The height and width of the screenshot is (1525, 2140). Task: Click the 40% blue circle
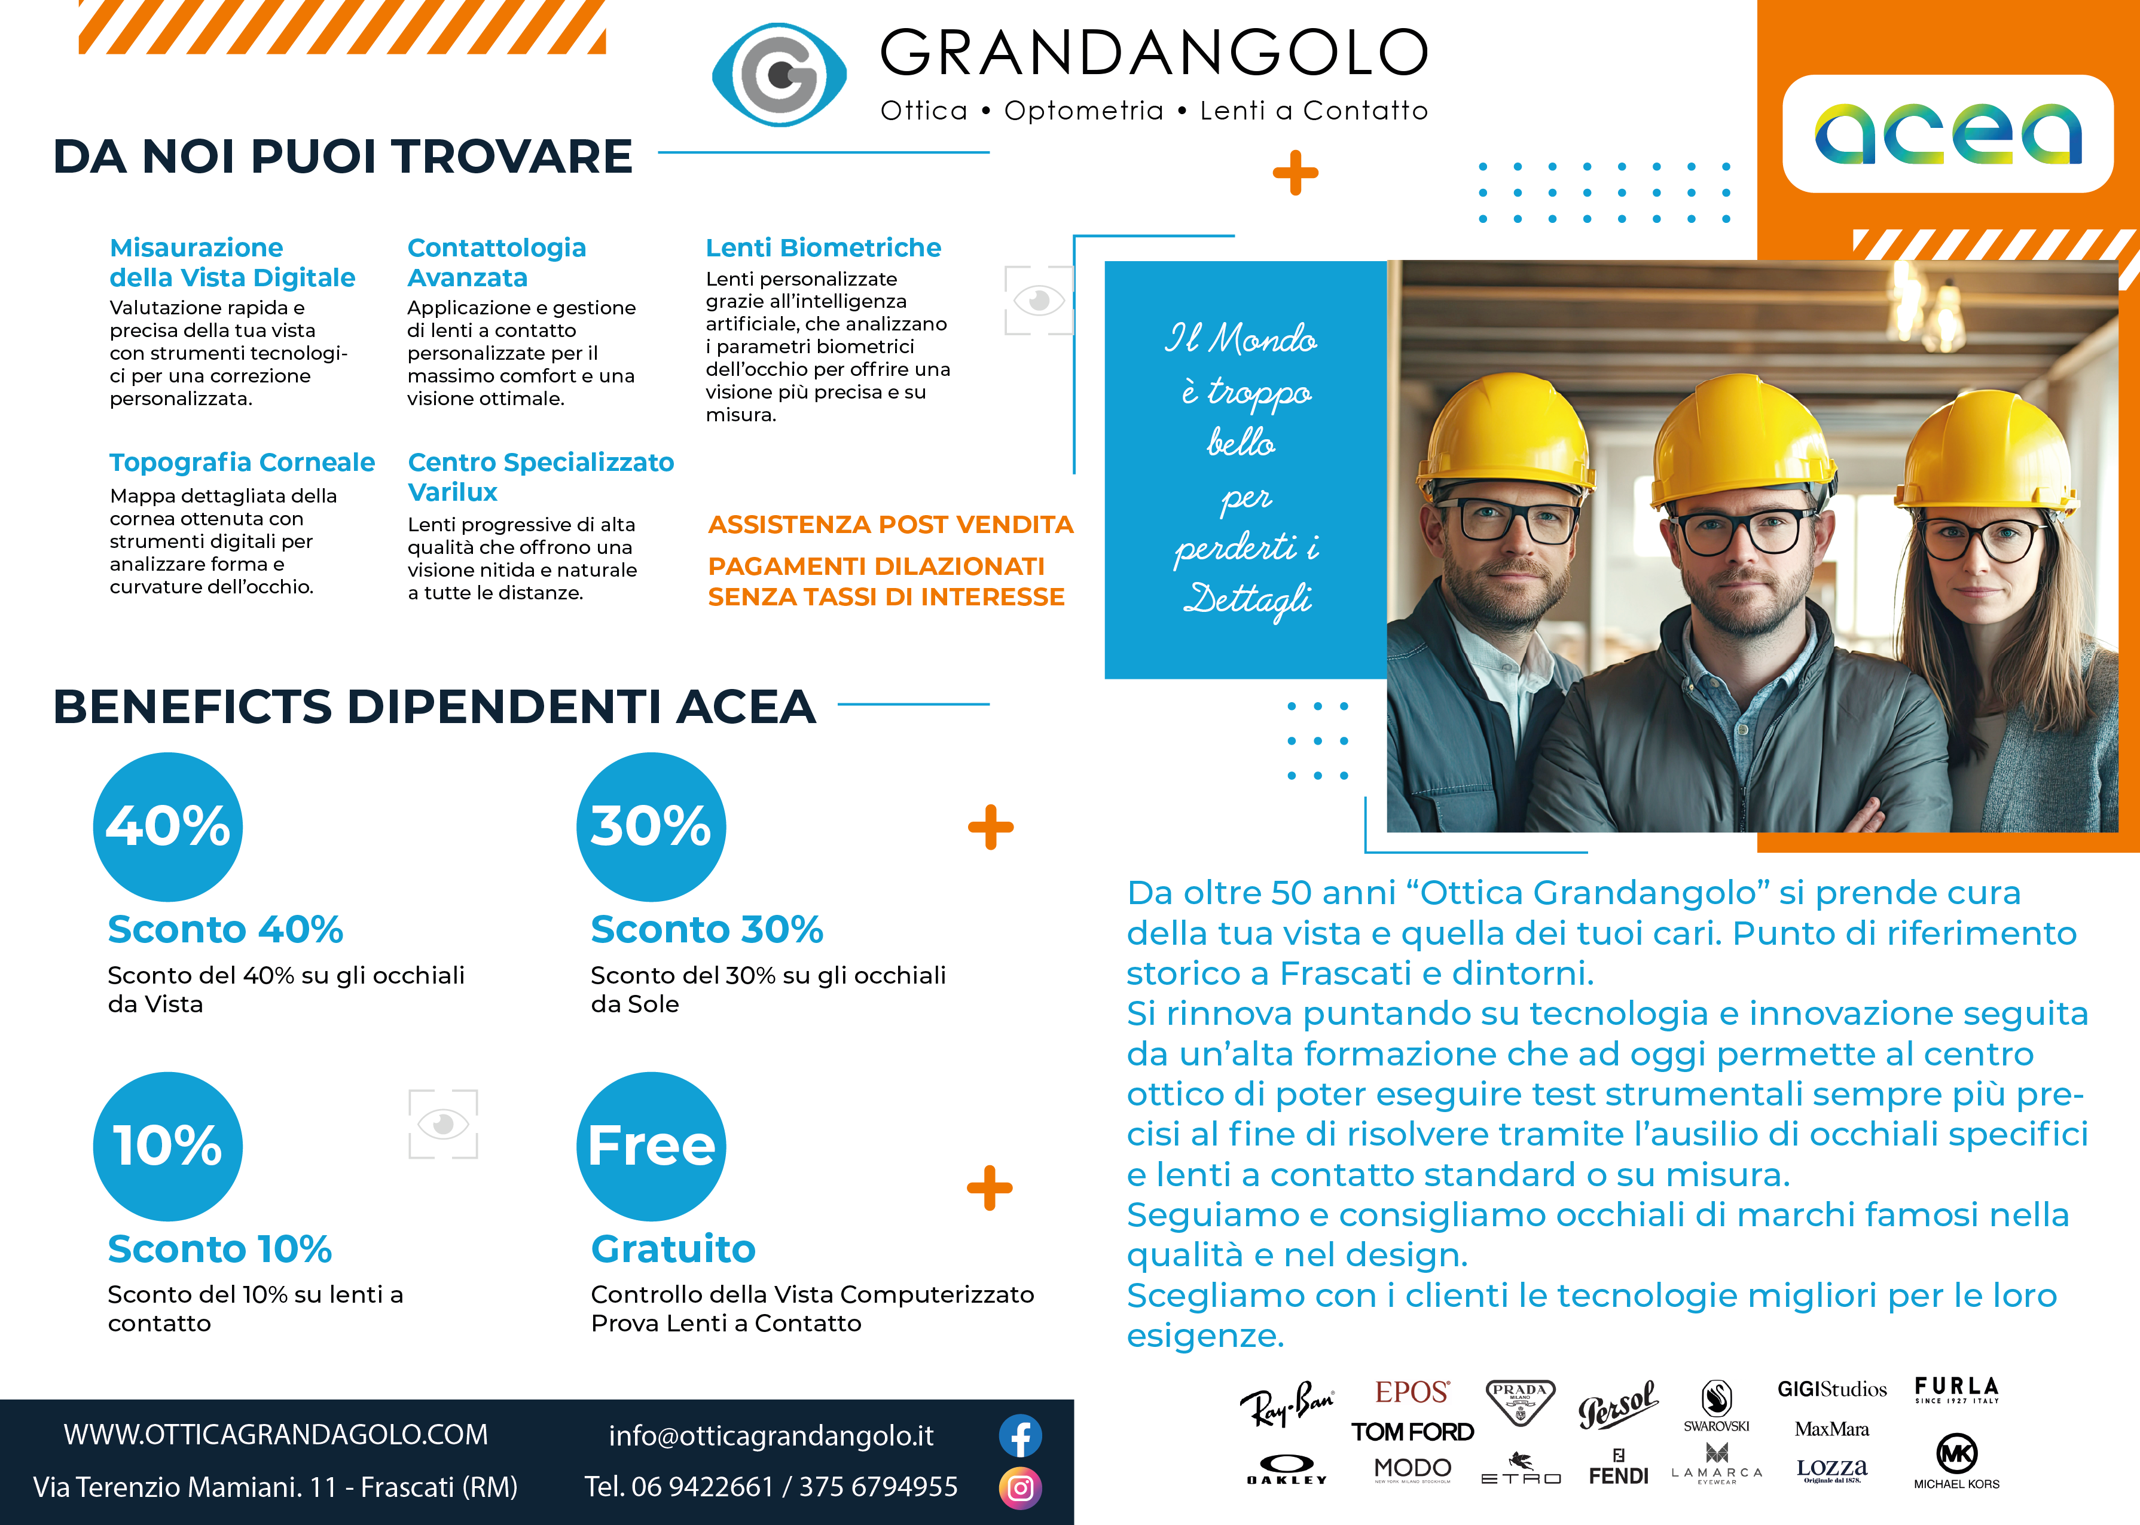click(x=168, y=826)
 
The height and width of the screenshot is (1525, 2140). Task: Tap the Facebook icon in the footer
click(x=1020, y=1436)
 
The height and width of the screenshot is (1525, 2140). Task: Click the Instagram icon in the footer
click(x=1020, y=1487)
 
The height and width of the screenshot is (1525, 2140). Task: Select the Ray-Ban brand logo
click(x=1286, y=1404)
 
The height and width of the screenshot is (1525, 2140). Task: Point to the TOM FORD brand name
click(x=1412, y=1432)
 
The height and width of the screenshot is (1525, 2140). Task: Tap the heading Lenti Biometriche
click(x=823, y=248)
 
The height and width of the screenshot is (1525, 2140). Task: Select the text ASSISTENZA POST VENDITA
click(x=890, y=524)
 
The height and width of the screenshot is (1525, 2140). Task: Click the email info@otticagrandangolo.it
click(x=770, y=1436)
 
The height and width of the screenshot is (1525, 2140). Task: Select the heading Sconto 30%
click(x=706, y=930)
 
